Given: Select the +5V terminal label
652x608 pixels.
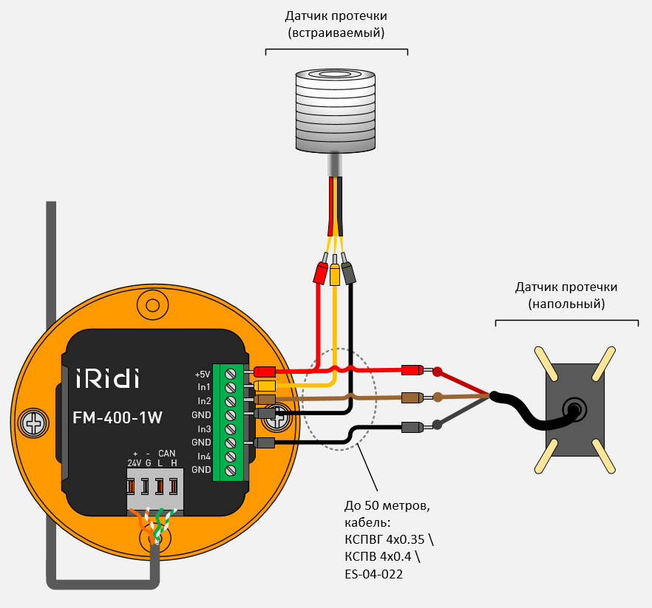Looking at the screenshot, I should (x=203, y=373).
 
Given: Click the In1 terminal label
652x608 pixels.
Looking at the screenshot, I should (x=204, y=387).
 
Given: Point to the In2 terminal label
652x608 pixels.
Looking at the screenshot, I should (x=204, y=400).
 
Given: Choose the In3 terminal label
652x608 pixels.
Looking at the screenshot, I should (x=204, y=428).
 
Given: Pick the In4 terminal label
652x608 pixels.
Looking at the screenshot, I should (x=204, y=456).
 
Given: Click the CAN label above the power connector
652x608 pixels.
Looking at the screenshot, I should (x=166, y=453).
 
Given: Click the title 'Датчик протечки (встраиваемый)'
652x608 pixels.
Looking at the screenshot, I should (x=336, y=24).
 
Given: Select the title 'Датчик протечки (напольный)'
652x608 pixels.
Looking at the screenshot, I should (x=566, y=295).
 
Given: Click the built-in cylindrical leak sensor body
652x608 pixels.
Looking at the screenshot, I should (x=336, y=111).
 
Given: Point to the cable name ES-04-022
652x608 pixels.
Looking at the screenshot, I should (x=373, y=574).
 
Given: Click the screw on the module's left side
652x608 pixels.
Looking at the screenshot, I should (x=33, y=422).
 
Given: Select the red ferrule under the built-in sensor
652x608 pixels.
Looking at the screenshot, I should (x=321, y=271).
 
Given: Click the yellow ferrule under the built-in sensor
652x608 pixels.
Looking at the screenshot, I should (x=335, y=271).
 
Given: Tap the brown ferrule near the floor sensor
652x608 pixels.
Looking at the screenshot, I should (x=411, y=397).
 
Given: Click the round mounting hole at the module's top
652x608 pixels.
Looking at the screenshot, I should (x=153, y=304).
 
